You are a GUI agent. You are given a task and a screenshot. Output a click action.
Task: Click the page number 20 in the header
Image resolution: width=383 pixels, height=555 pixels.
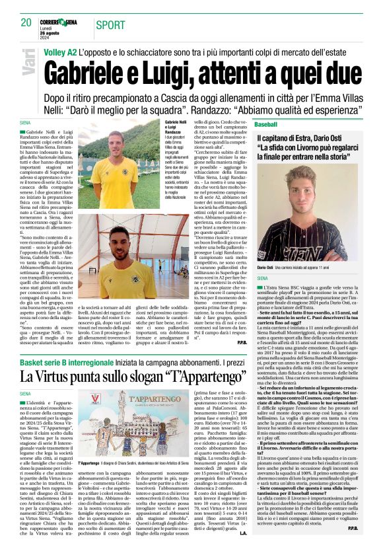26,22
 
